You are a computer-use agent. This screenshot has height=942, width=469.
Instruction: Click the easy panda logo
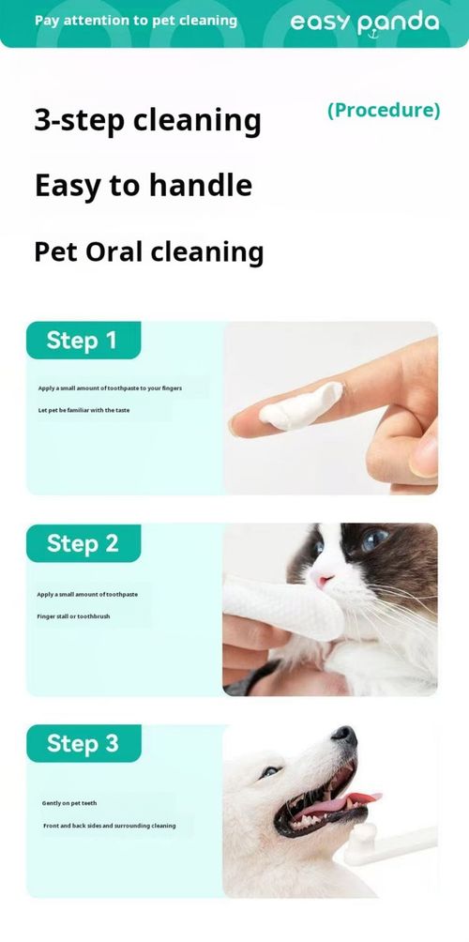pyautogui.click(x=364, y=23)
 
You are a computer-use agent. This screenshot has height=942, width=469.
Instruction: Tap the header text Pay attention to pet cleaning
pyautogui.click(x=136, y=21)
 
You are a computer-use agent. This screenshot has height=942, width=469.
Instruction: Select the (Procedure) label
pyautogui.click(x=383, y=110)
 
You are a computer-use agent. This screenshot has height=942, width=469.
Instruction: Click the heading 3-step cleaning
pyautogui.click(x=147, y=120)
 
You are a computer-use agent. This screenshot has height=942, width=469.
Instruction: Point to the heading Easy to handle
pyautogui.click(x=143, y=185)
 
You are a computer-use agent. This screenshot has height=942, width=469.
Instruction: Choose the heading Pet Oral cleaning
pyautogui.click(x=148, y=251)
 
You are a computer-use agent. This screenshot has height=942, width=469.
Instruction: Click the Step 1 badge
pyautogui.click(x=83, y=341)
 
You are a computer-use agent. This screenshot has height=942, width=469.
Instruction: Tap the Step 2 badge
pyautogui.click(x=83, y=543)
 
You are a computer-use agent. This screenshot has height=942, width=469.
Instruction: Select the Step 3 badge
pyautogui.click(x=83, y=744)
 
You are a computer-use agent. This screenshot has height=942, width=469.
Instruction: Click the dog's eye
pyautogui.click(x=270, y=771)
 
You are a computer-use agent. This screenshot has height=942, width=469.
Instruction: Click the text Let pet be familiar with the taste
pyautogui.click(x=83, y=410)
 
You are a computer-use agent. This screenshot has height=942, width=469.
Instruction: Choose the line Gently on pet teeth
pyautogui.click(x=69, y=803)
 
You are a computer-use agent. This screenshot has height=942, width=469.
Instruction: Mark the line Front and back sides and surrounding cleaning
pyautogui.click(x=109, y=826)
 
